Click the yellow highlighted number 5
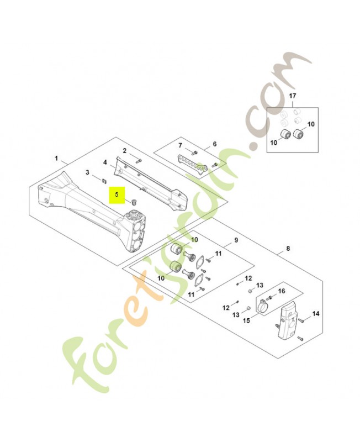coord(117,195)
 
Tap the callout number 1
coord(56,158)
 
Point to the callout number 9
coord(236,240)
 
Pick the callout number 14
coord(316,314)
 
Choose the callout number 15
coord(246,319)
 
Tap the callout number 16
coord(281,291)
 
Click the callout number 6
coord(214,145)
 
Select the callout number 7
coord(179,145)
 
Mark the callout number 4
coord(104,162)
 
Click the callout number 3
coord(87,173)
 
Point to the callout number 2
coord(125,151)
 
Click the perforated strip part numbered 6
coord(190,163)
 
